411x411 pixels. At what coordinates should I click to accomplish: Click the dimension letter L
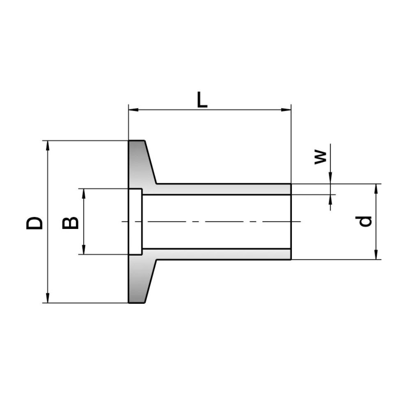coord(202,100)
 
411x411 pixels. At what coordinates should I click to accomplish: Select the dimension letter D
coord(34,222)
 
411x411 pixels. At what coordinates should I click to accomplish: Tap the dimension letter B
coord(70,222)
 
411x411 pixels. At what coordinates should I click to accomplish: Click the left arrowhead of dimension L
coord(132,110)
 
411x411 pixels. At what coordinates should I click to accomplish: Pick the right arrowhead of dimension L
coord(288,110)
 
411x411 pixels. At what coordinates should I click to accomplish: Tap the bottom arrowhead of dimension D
coord(48,299)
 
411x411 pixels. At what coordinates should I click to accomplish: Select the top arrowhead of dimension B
coord(84,193)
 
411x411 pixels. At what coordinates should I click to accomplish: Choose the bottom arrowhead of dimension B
coord(84,251)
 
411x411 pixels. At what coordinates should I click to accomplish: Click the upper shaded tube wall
coord(222,189)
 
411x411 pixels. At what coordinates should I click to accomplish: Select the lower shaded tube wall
coord(222,254)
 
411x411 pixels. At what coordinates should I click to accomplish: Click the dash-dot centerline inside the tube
coord(214,222)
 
